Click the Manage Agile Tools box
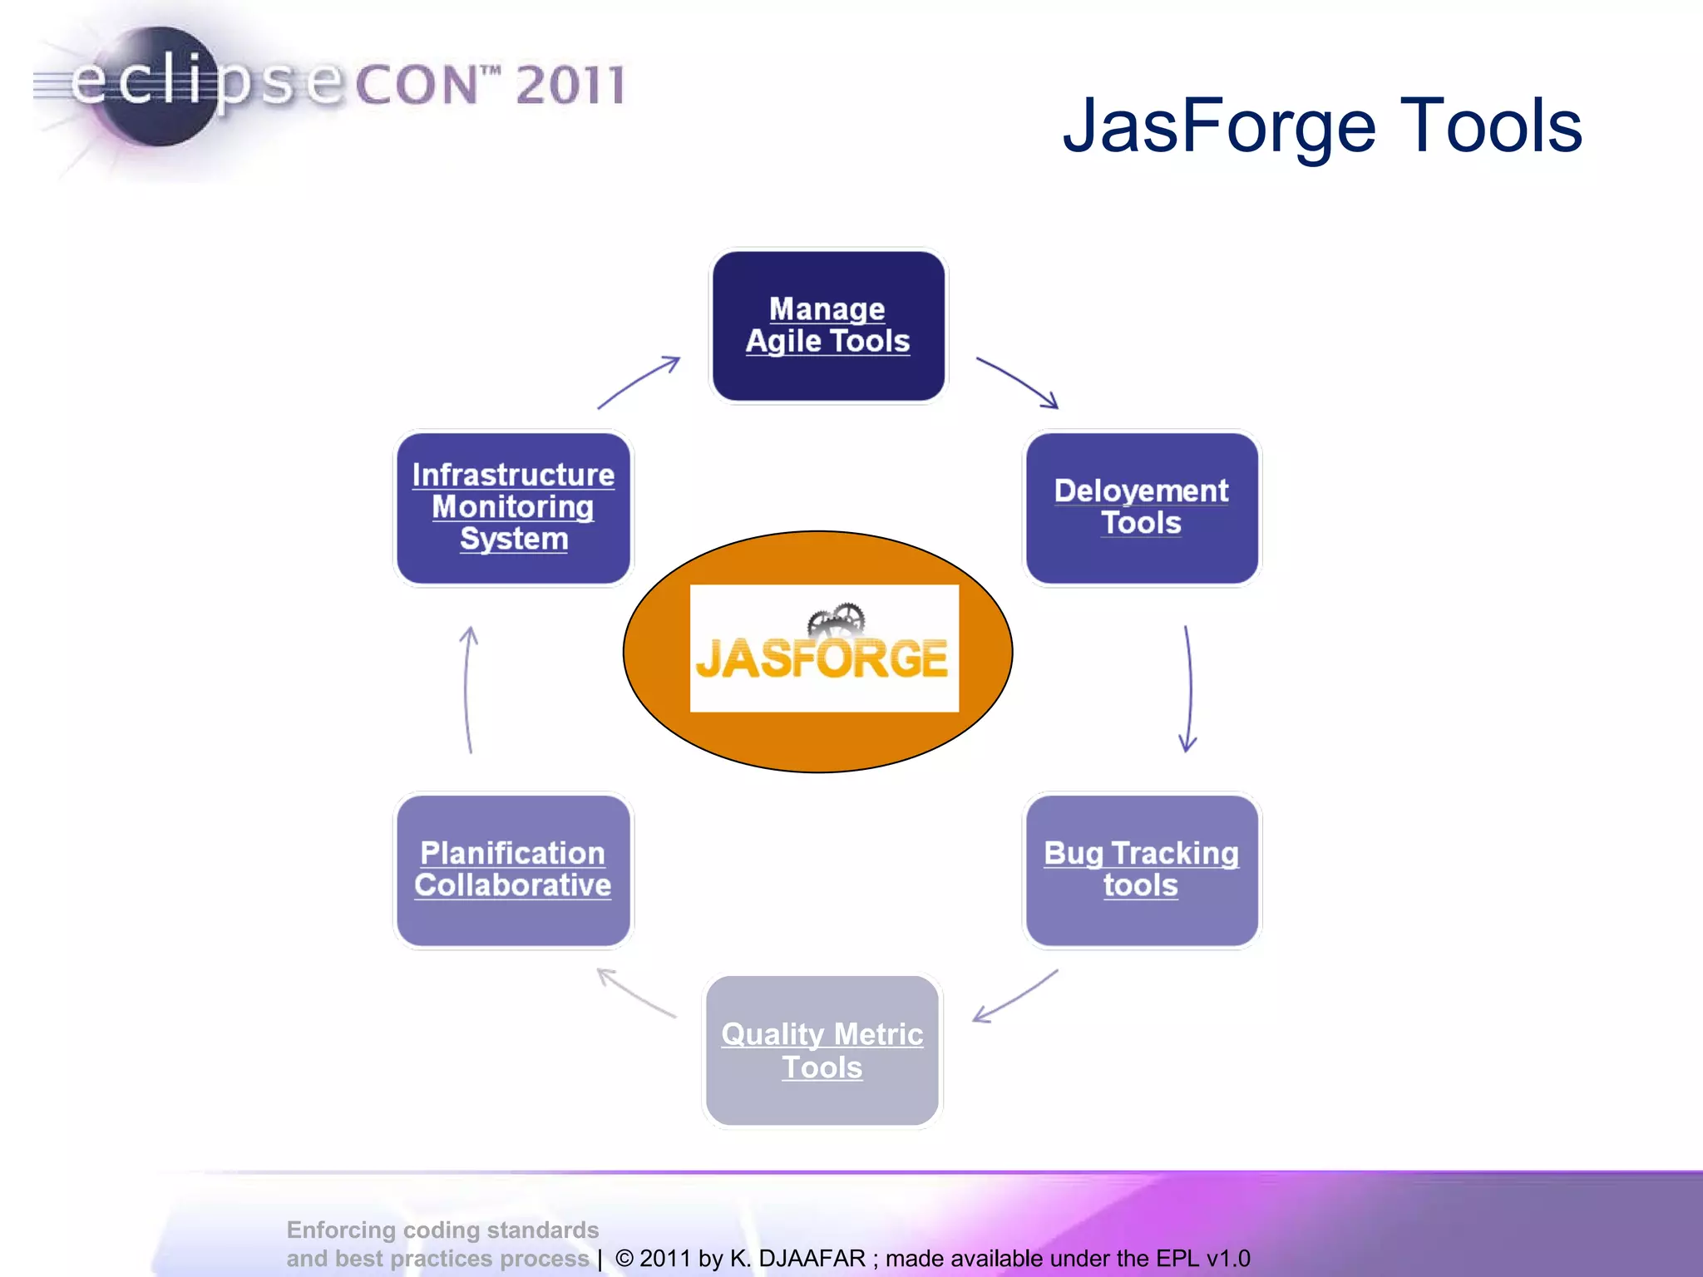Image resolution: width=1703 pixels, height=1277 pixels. (828, 326)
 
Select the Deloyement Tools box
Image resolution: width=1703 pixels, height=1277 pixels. (1142, 507)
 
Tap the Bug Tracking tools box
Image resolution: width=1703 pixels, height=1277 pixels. (1142, 870)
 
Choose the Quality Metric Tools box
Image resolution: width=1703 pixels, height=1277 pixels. (822, 1051)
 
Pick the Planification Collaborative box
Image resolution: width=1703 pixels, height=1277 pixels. (513, 870)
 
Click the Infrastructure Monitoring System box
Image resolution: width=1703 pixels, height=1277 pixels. (513, 507)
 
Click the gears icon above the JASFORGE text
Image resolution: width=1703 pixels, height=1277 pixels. (837, 620)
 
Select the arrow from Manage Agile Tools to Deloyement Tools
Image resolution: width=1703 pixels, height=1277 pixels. (1018, 382)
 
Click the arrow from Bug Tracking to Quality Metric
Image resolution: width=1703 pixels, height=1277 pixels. (1016, 996)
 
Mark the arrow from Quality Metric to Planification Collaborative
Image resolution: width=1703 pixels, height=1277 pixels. (636, 993)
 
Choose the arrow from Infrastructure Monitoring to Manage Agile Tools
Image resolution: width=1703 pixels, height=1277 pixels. (639, 382)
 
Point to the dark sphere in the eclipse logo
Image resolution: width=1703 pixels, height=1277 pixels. (158, 87)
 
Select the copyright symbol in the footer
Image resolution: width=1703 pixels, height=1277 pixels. (624, 1258)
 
